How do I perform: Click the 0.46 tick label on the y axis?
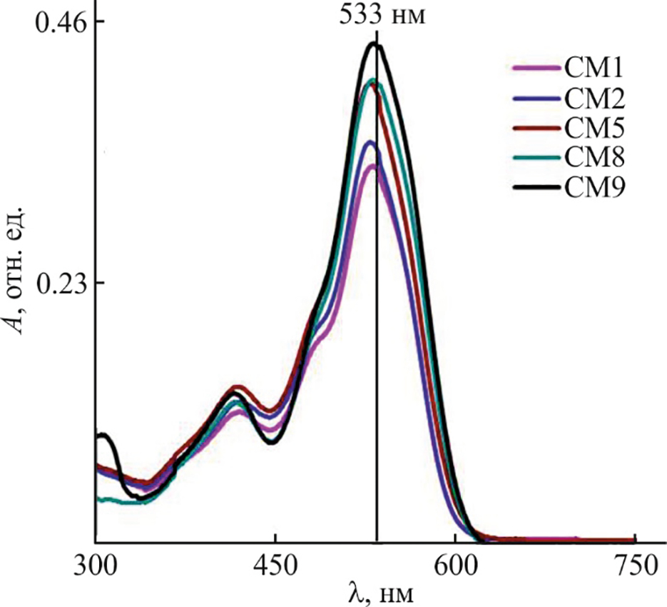point(55,21)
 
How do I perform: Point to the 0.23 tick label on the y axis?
point(55,283)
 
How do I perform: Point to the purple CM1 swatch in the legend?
point(536,69)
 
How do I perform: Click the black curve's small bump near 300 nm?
point(104,434)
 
